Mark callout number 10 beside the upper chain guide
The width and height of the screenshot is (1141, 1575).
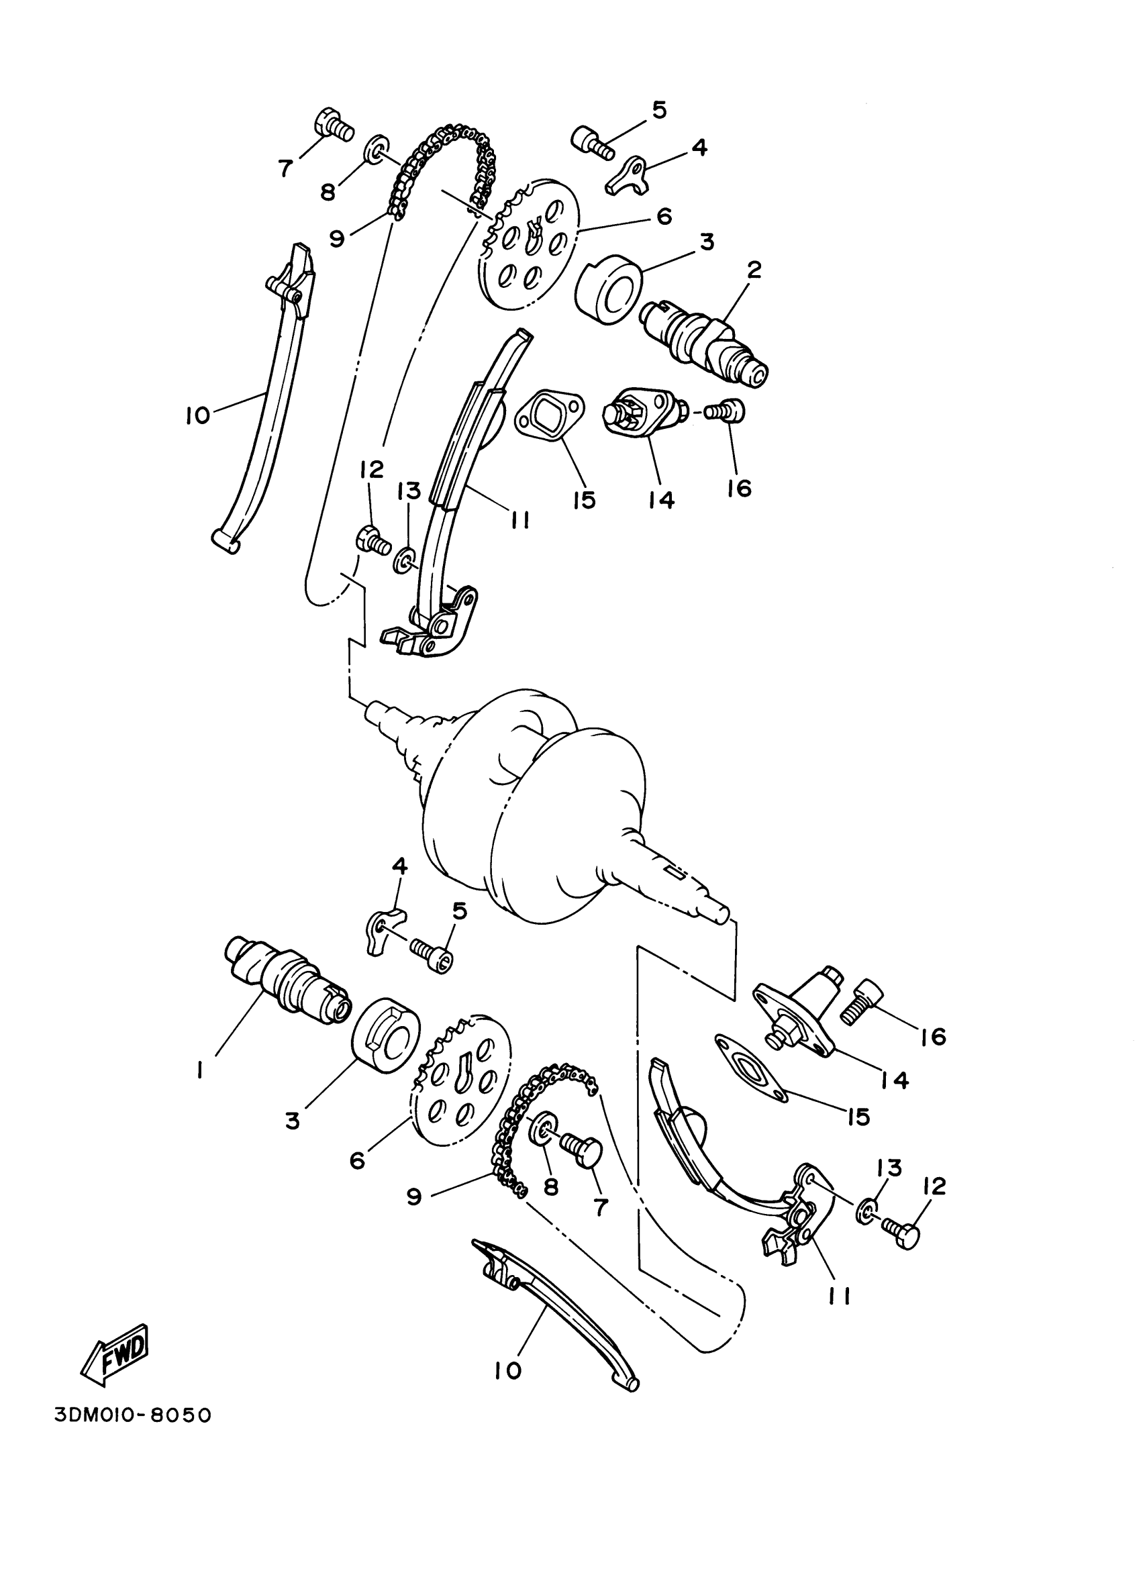198,415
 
